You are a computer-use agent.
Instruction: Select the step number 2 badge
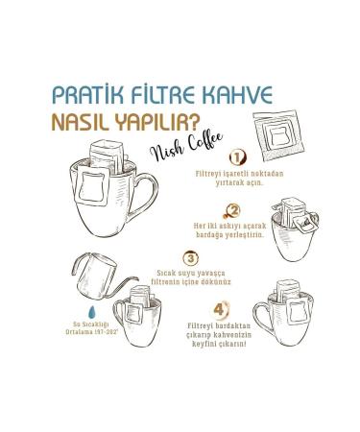tap(235, 209)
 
